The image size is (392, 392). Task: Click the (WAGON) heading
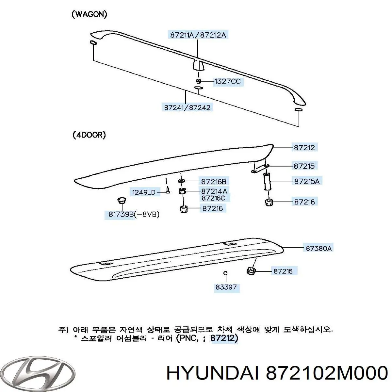(90, 14)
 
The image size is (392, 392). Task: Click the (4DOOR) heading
(89, 135)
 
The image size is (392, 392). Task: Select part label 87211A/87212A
(198, 35)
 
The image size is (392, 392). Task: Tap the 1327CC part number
(228, 82)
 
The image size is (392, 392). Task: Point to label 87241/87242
(187, 107)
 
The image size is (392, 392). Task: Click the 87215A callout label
(307, 181)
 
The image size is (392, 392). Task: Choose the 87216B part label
(214, 181)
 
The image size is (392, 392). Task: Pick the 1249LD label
(144, 192)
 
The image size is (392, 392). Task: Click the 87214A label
(214, 191)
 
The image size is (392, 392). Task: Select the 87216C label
(213, 198)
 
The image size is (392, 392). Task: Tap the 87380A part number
(318, 248)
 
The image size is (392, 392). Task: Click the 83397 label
(226, 287)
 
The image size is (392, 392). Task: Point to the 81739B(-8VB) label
(134, 214)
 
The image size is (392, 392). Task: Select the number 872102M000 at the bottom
(326, 373)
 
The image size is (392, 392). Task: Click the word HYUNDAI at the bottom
(213, 373)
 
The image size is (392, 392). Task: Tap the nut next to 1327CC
(199, 81)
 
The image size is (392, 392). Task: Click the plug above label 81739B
(122, 200)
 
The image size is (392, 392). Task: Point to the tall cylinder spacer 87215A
(267, 181)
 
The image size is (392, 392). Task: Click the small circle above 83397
(225, 273)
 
